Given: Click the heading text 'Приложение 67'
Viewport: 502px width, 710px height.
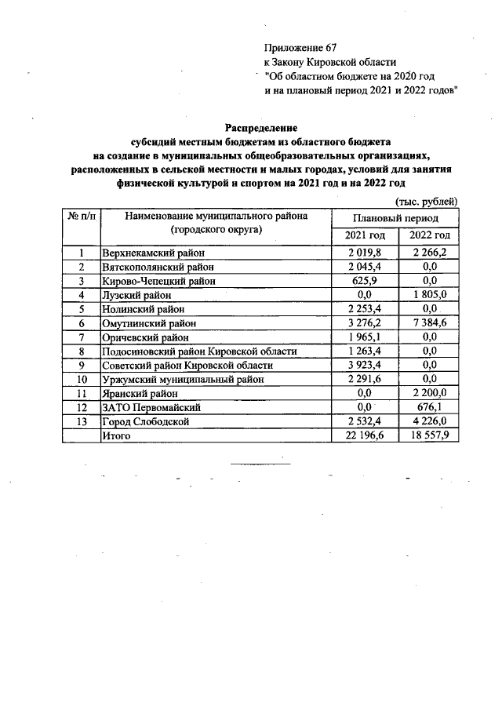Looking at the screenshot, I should coord(300,48).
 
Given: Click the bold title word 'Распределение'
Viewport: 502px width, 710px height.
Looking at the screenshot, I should coord(261,127).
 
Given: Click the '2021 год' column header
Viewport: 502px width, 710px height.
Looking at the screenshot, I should coord(364,236).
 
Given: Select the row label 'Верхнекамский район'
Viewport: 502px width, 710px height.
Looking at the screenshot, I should coord(153,253).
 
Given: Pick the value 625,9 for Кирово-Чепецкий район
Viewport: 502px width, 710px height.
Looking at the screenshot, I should coord(364,280).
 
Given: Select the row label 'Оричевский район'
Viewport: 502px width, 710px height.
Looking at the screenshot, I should coord(146,337).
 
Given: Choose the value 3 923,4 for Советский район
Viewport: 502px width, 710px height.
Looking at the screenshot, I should coord(364,365).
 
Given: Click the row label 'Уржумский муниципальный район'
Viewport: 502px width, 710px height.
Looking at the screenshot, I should coord(181,379).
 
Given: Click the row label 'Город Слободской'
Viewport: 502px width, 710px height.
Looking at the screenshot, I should coord(146,421).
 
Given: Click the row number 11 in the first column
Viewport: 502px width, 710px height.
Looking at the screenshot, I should coord(81,393).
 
